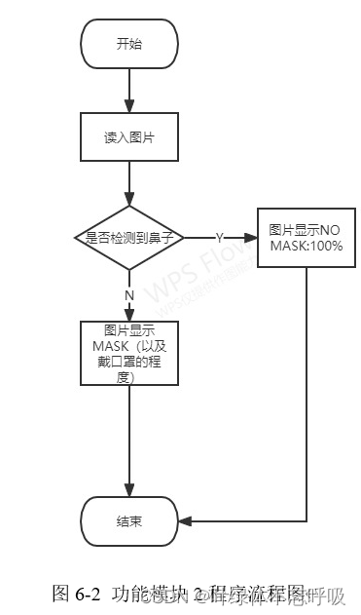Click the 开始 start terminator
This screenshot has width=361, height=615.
tap(129, 44)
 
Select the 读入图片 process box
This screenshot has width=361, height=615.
tap(129, 137)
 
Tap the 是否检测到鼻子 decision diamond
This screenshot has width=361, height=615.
tap(129, 238)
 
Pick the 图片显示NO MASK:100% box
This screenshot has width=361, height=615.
tap(307, 238)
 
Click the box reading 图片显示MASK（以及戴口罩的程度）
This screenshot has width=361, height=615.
tap(129, 352)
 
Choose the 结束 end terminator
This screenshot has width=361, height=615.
tap(129, 521)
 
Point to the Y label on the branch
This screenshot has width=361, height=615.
tap(220, 238)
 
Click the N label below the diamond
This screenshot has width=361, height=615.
tap(128, 294)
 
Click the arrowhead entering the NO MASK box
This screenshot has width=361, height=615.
tap(250, 238)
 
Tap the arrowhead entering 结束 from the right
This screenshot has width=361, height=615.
tap(186, 521)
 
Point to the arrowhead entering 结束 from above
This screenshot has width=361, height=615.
tap(129, 489)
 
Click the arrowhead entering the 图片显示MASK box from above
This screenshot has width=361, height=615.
tap(129, 313)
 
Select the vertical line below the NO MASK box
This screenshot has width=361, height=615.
tap(307, 390)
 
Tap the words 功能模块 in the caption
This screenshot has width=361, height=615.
tap(145, 592)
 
